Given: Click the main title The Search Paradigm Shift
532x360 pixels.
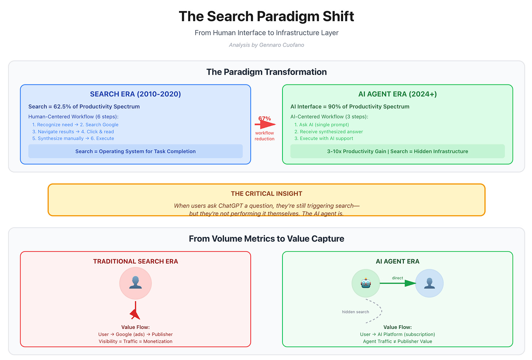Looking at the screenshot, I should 266,16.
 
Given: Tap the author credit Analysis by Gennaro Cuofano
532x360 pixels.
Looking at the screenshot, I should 266,45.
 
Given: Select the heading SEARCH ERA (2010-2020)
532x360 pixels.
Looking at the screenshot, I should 136,94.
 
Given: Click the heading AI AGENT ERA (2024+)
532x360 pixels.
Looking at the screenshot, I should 398,94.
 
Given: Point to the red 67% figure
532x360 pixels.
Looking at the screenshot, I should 265,118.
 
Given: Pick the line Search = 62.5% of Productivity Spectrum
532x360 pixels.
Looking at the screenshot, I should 84,107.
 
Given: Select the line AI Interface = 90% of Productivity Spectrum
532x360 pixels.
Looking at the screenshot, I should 350,107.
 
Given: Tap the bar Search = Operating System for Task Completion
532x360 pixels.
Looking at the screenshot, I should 136,151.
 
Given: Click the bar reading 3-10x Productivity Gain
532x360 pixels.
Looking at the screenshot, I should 398,151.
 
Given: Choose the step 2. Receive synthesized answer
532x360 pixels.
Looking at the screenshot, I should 328,132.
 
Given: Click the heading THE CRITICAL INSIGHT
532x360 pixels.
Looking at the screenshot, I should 266,194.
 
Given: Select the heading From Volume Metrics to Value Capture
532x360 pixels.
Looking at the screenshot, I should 266,239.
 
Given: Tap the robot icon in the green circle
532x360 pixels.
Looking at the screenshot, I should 366,283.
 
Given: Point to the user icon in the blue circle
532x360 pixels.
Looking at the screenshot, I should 429,283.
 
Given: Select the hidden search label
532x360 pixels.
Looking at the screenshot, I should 355,312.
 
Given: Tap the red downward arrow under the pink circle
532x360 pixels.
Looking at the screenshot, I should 136,311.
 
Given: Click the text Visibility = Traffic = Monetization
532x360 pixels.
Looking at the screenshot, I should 136,341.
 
